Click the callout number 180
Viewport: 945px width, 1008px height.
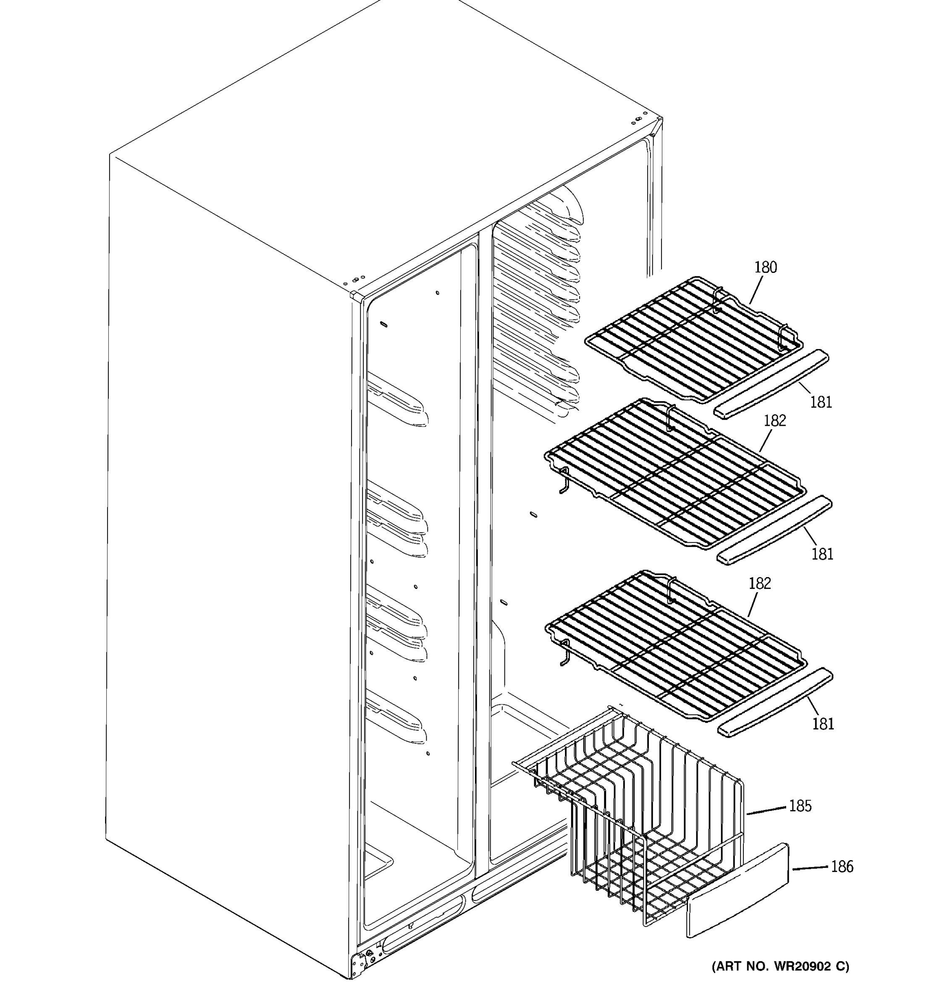pyautogui.click(x=765, y=267)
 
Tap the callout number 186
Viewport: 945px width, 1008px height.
pyautogui.click(x=842, y=866)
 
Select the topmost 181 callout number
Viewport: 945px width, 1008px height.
pyautogui.click(x=820, y=402)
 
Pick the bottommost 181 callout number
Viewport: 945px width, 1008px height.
pyautogui.click(x=822, y=724)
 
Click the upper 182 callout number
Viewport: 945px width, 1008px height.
pyautogui.click(x=774, y=420)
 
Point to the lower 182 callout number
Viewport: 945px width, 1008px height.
pyautogui.click(x=759, y=584)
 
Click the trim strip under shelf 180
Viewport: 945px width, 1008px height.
pyautogui.click(x=771, y=384)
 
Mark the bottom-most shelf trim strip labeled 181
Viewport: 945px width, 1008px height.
pyautogui.click(x=774, y=702)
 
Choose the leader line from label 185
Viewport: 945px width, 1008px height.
pyautogui.click(x=766, y=810)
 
